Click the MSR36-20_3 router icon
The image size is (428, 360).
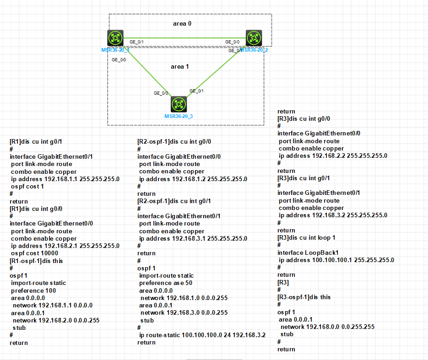(179, 104)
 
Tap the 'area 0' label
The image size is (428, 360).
(182, 23)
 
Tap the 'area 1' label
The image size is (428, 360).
(180, 67)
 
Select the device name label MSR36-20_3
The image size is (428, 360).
(179, 116)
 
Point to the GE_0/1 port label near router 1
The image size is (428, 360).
(136, 42)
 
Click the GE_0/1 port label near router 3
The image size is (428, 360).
(197, 91)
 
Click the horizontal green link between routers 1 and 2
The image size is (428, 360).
(183, 38)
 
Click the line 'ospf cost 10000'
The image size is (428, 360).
(34, 253)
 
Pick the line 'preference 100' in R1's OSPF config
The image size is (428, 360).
(33, 290)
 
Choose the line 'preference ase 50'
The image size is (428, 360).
(166, 283)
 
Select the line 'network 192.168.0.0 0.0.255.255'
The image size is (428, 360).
(327, 327)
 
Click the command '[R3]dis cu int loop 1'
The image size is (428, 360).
(307, 238)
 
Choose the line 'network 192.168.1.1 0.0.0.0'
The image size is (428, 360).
(53, 305)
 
